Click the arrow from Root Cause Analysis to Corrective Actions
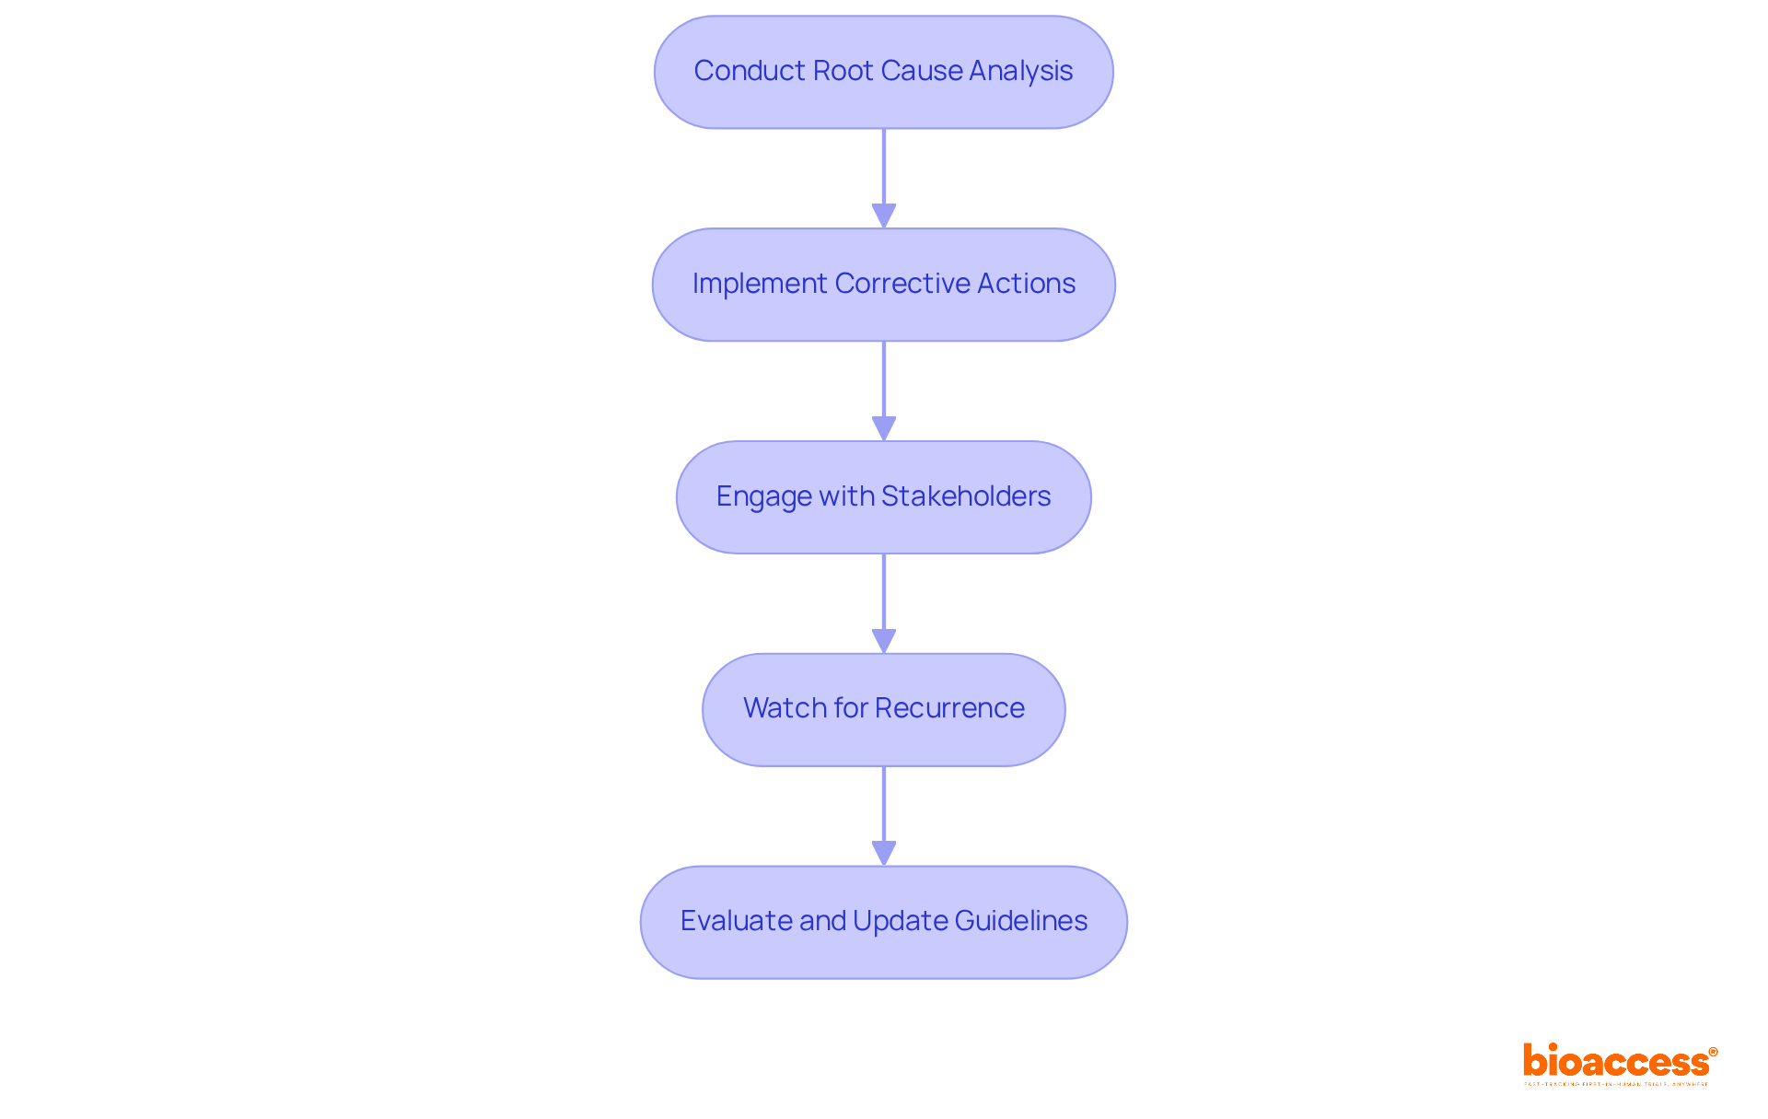(x=884, y=175)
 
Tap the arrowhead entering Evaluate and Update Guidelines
(x=884, y=853)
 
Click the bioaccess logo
(x=1617, y=1062)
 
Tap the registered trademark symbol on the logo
(x=1713, y=1052)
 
